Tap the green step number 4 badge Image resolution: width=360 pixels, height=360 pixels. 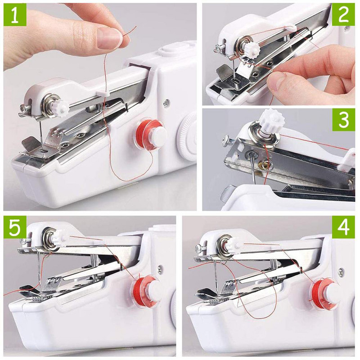tap(344, 228)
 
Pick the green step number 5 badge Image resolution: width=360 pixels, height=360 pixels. tap(15, 228)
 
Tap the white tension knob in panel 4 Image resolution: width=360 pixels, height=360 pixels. tap(234, 244)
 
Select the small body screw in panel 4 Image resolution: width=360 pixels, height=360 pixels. tap(341, 272)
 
